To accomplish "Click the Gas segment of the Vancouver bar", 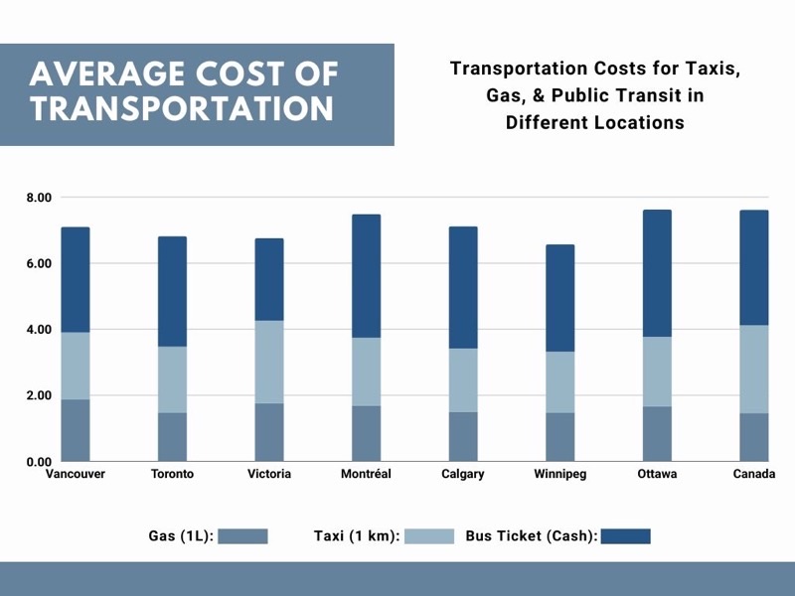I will pyautogui.click(x=76, y=430).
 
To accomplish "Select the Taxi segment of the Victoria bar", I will pyautogui.click(x=269, y=362).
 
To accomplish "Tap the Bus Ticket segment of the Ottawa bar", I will pyautogui.click(x=657, y=273).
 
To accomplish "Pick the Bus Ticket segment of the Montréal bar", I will pyautogui.click(x=366, y=276).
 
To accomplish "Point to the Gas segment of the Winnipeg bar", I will pyautogui.click(x=559, y=437).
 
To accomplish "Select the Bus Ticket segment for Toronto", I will pyautogui.click(x=172, y=291).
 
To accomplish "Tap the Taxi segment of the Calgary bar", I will pyautogui.click(x=463, y=379).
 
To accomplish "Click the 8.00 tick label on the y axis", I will pyautogui.click(x=39, y=198).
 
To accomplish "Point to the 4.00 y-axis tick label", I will pyautogui.click(x=39, y=330).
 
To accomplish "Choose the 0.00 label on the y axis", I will pyautogui.click(x=39, y=462).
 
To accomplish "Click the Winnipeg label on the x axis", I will pyautogui.click(x=559, y=475).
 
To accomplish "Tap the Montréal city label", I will pyautogui.click(x=366, y=475).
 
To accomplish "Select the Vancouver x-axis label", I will pyautogui.click(x=76, y=475).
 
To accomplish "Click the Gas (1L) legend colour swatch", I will pyautogui.click(x=243, y=536).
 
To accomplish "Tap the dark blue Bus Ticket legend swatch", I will pyautogui.click(x=625, y=536).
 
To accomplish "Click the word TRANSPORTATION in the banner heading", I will pyautogui.click(x=182, y=108).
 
